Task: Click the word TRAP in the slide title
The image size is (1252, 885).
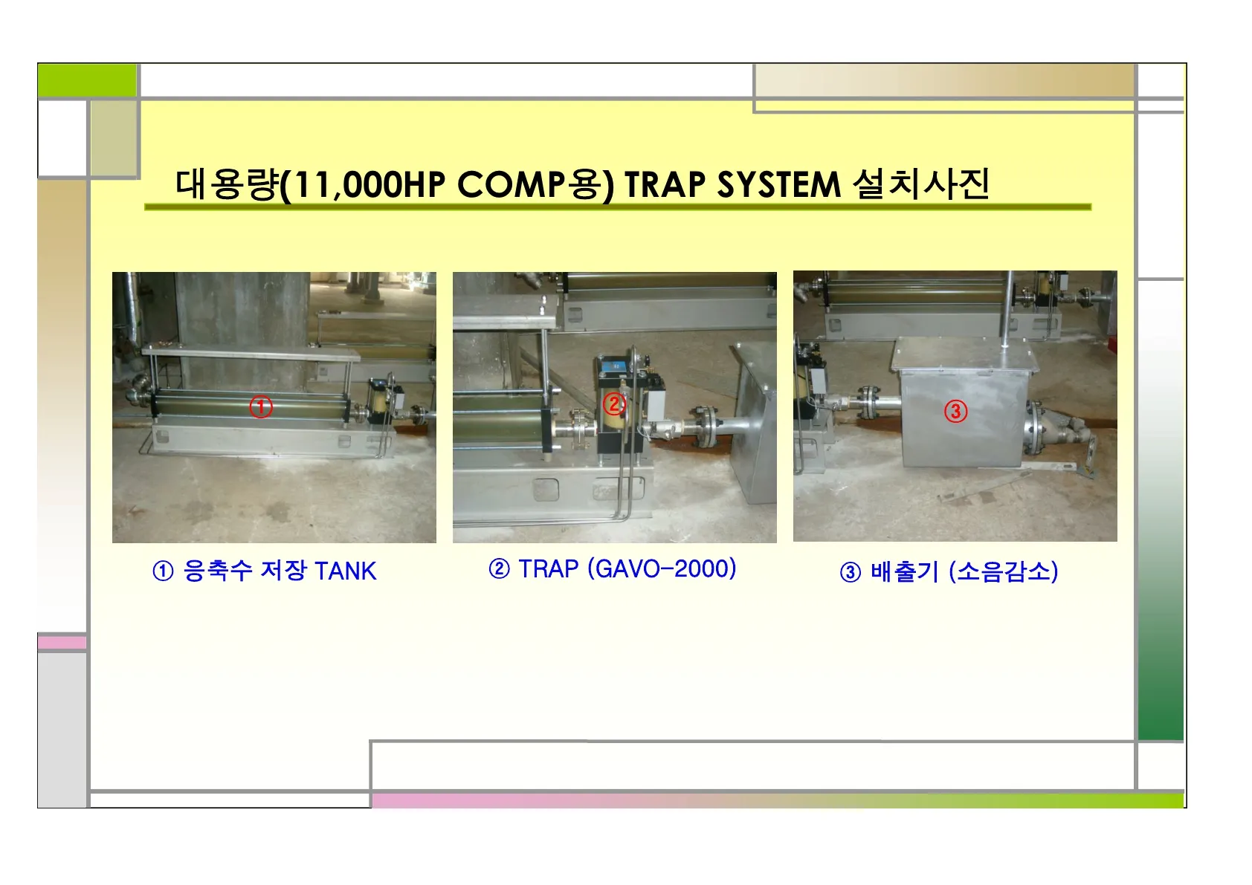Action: pos(665,184)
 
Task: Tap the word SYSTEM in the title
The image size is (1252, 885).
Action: pos(778,184)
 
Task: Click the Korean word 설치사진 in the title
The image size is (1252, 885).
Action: pos(921,184)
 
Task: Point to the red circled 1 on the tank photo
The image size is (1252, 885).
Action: pos(260,406)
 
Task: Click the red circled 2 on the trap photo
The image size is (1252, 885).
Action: pos(613,403)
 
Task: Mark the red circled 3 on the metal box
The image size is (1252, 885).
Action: pos(955,411)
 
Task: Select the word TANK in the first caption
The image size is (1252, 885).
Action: pos(346,571)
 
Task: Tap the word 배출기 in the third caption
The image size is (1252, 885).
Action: pos(904,571)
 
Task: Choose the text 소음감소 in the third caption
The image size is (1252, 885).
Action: pos(1004,571)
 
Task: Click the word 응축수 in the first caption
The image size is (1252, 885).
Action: pos(217,571)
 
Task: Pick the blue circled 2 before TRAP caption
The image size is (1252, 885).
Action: pos(499,568)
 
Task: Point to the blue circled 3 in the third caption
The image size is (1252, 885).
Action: pos(850,572)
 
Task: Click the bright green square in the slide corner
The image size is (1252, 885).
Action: pos(87,80)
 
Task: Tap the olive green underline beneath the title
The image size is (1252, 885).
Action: pos(618,207)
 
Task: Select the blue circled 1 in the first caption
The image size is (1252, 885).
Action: pos(163,571)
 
